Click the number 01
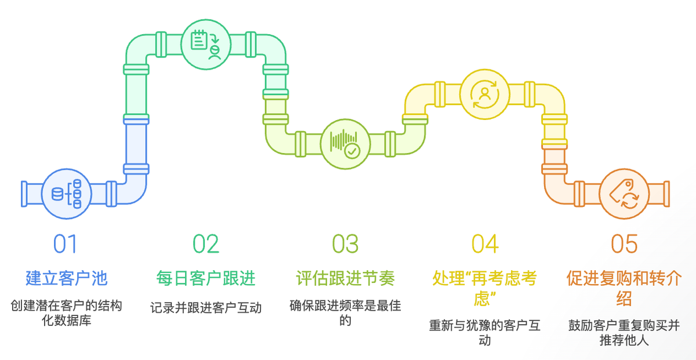[x=65, y=245]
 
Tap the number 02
[x=206, y=245]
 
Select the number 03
[x=345, y=245]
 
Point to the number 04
[x=485, y=245]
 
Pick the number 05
[x=624, y=245]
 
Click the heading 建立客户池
[x=67, y=278]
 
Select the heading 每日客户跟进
[x=206, y=278]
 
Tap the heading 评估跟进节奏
[x=345, y=278]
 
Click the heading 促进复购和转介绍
[x=624, y=288]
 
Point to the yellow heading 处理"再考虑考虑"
[x=485, y=288]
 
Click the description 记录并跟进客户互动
[x=206, y=308]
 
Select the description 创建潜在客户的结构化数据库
[x=67, y=312]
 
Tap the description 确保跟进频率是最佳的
[x=345, y=312]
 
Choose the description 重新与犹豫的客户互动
[x=485, y=332]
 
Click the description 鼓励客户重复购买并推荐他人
[x=624, y=332]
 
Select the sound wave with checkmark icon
[x=345, y=144]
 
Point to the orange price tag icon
[x=624, y=194]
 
